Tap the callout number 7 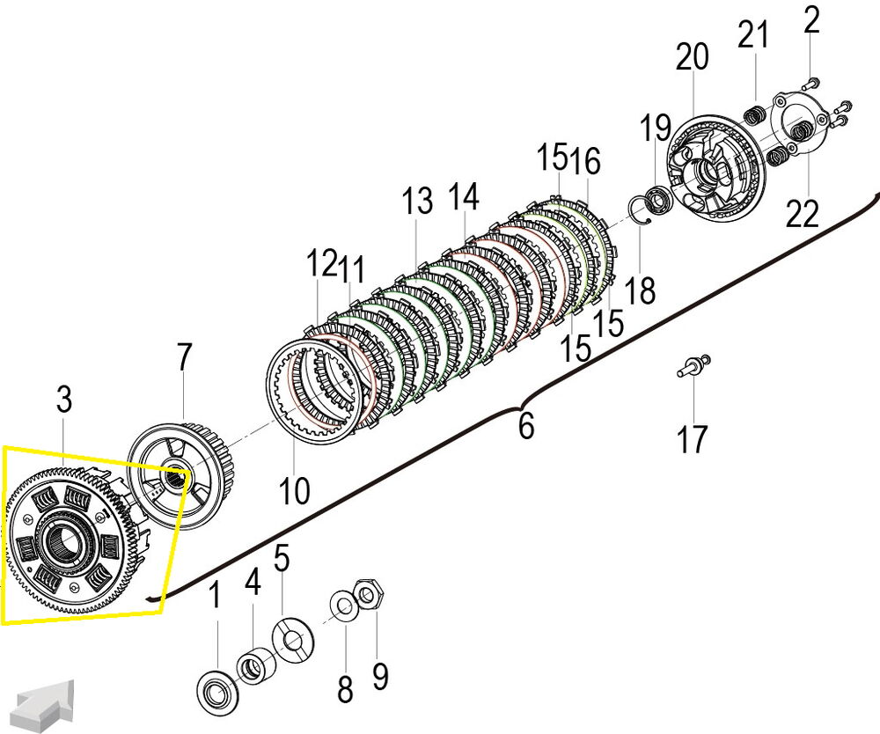pyautogui.click(x=182, y=358)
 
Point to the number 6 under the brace pyautogui.click(x=526, y=427)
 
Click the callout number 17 pyautogui.click(x=693, y=438)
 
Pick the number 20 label pyautogui.click(x=692, y=58)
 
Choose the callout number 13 pyautogui.click(x=418, y=202)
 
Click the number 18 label pyautogui.click(x=642, y=290)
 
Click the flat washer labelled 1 pyautogui.click(x=214, y=686)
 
